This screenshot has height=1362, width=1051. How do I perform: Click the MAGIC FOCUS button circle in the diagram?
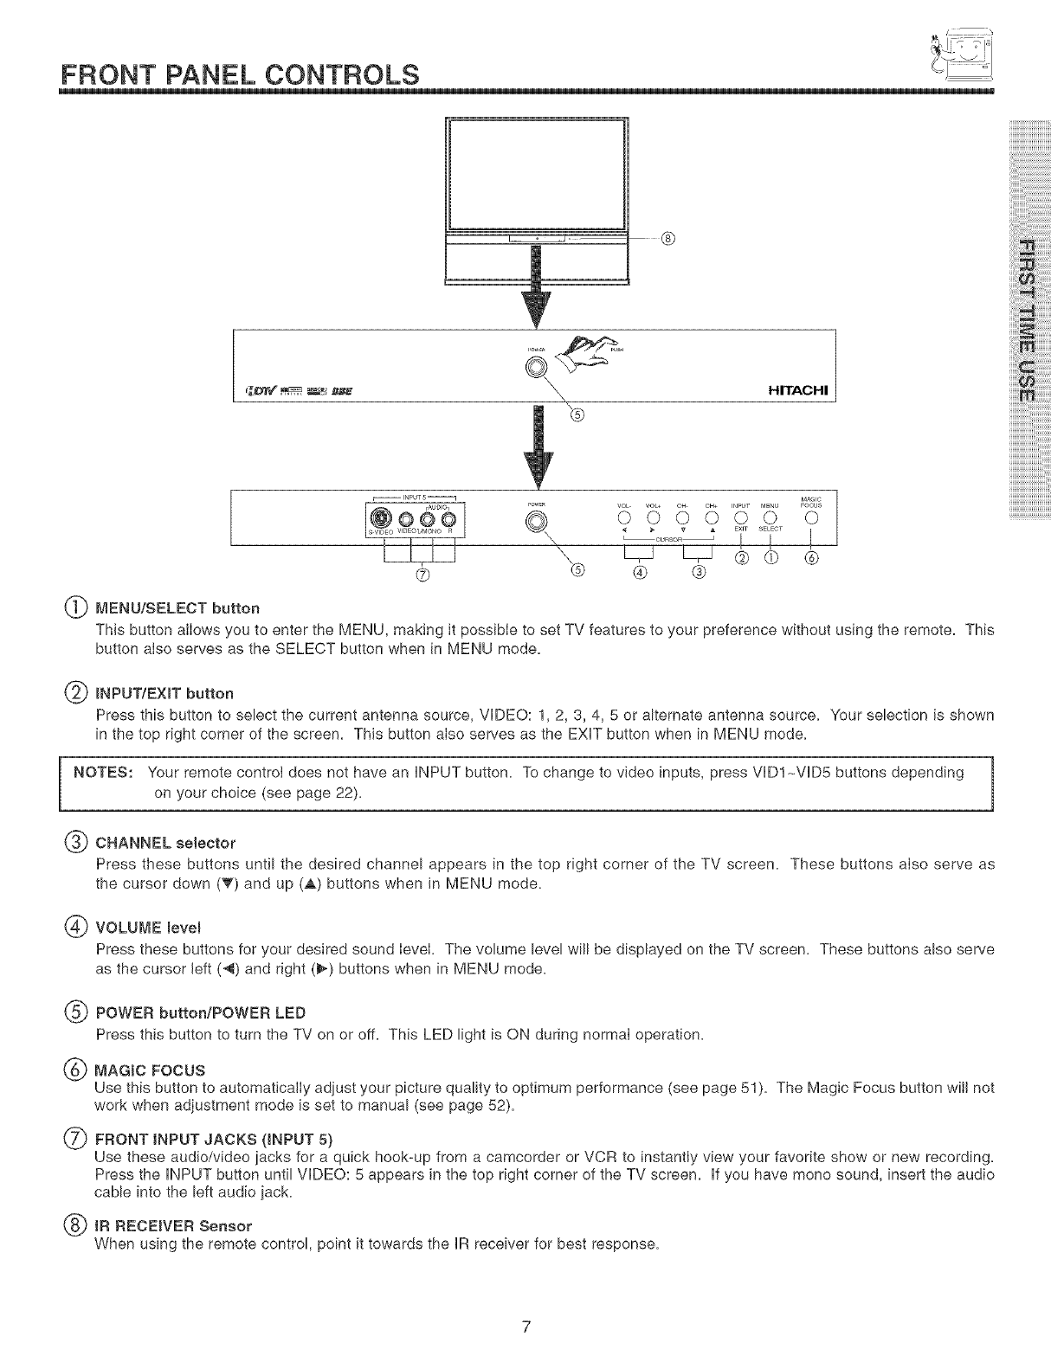(810, 518)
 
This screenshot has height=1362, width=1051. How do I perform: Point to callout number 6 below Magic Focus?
(810, 557)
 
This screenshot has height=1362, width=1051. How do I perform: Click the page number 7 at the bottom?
(525, 1327)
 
